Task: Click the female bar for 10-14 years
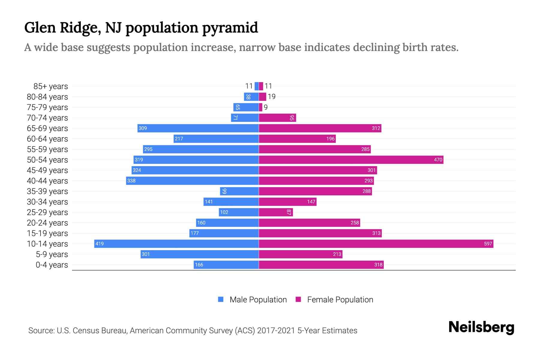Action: coord(376,244)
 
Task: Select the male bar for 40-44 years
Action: coord(192,181)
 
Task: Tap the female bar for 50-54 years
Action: coord(351,160)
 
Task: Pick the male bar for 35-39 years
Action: coord(239,191)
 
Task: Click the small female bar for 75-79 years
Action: coord(260,107)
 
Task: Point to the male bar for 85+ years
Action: coord(256,86)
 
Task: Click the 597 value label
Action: coord(488,244)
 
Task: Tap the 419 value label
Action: coord(100,244)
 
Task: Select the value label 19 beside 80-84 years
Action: coord(271,97)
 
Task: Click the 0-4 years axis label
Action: coord(52,265)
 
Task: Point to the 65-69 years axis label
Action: coord(47,128)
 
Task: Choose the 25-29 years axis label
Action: coord(47,212)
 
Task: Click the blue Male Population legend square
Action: coord(221,299)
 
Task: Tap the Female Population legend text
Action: coord(340,300)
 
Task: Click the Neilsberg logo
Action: coord(481,327)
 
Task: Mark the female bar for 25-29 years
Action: coord(276,212)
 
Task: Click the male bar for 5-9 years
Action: coord(199,254)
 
